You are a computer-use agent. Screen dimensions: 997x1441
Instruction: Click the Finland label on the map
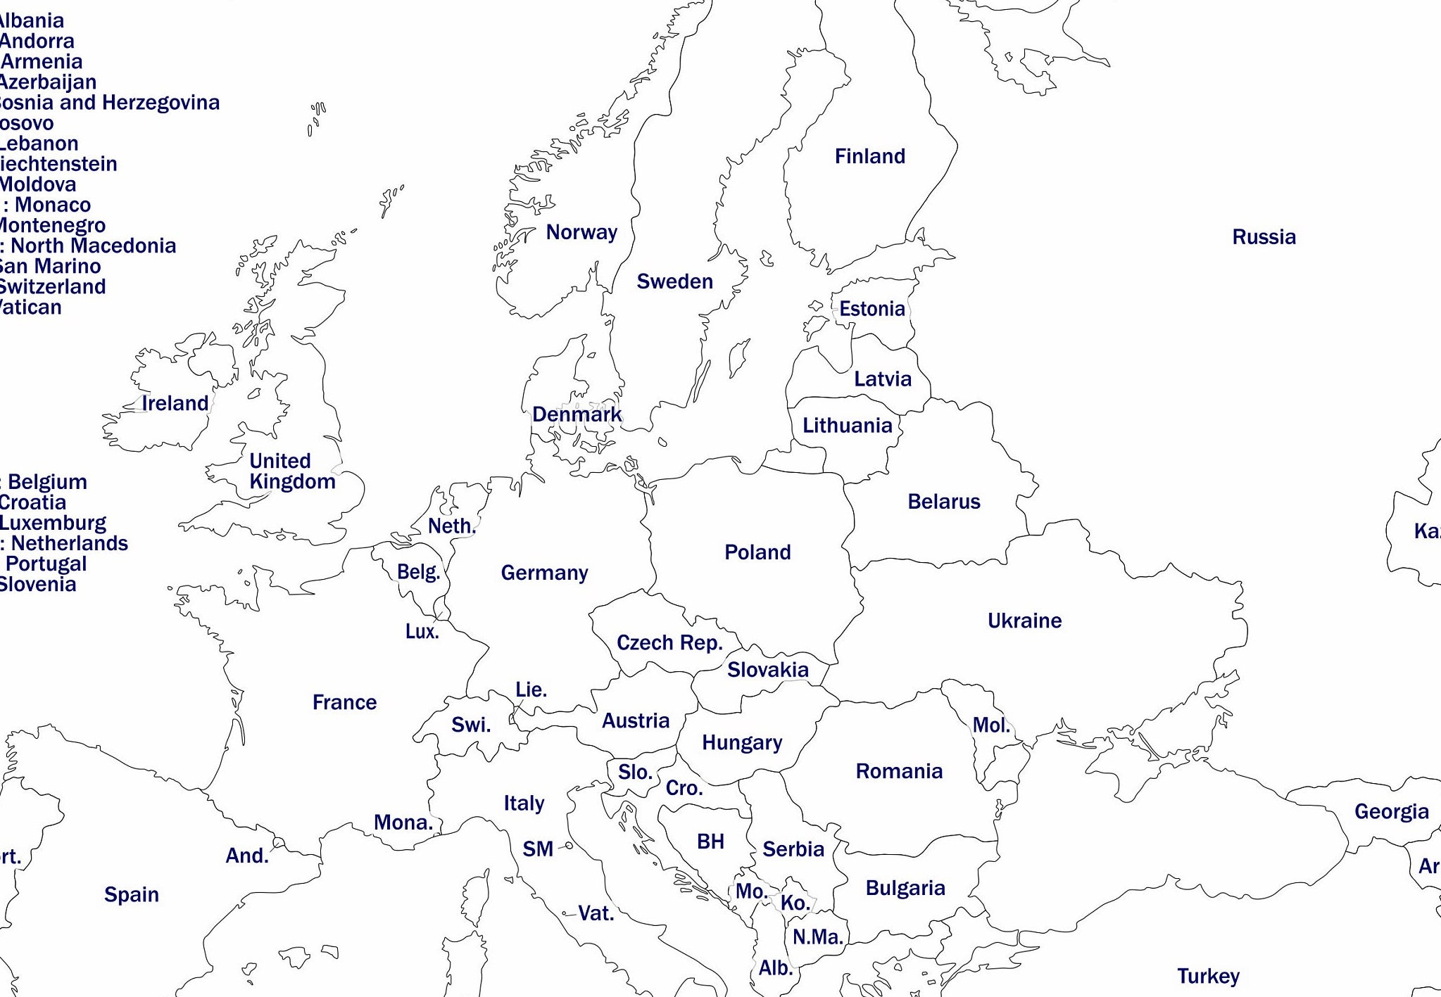(x=869, y=156)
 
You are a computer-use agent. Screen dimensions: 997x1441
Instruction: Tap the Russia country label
(x=1264, y=237)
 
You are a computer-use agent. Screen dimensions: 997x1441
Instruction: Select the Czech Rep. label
(x=669, y=642)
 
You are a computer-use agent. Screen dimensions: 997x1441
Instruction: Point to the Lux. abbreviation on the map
(x=422, y=631)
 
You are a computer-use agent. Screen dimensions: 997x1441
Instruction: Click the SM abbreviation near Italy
(x=538, y=849)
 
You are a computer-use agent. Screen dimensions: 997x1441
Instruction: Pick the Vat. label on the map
(x=596, y=913)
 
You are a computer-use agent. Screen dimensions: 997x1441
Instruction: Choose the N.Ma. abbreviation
(x=817, y=936)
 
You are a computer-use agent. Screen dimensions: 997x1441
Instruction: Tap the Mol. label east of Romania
(x=991, y=725)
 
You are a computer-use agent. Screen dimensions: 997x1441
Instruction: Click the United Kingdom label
(x=291, y=471)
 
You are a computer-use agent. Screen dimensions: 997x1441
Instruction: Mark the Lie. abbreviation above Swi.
(x=531, y=690)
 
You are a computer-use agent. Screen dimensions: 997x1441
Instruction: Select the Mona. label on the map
(x=403, y=822)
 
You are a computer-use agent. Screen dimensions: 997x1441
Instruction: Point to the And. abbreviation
(x=246, y=856)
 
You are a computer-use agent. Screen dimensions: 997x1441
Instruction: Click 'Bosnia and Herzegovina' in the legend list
(x=108, y=103)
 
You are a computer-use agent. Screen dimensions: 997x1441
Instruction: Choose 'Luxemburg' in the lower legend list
(x=53, y=523)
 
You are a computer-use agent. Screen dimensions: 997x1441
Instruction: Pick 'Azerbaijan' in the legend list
(x=48, y=82)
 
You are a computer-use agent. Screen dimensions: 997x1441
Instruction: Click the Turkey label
(x=1208, y=976)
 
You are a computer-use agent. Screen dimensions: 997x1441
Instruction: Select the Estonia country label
(x=871, y=309)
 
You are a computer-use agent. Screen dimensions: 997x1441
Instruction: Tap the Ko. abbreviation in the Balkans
(x=795, y=903)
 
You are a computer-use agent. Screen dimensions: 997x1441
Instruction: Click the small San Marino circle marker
(x=569, y=846)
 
